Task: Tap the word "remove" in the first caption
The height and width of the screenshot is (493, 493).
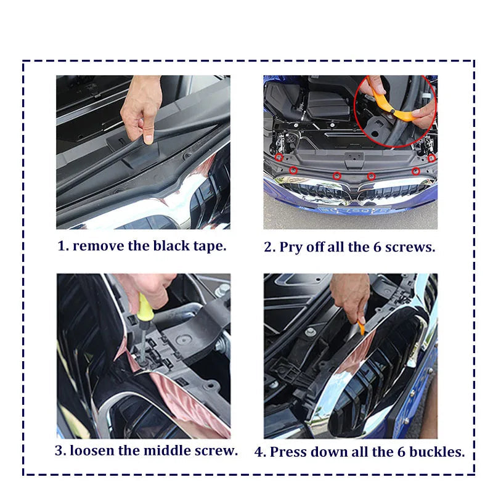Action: tap(99, 246)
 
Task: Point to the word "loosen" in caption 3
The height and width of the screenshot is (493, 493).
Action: tap(92, 450)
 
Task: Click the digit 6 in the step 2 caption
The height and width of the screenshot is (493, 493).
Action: tap(377, 248)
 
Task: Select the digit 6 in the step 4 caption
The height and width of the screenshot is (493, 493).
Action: tap(401, 452)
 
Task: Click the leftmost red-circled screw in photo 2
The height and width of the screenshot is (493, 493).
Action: tap(279, 158)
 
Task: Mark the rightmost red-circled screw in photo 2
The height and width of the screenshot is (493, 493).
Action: tap(432, 158)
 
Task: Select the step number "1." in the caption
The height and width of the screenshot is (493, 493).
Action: tap(63, 246)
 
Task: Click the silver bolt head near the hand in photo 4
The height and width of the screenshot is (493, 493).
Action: tap(311, 332)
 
